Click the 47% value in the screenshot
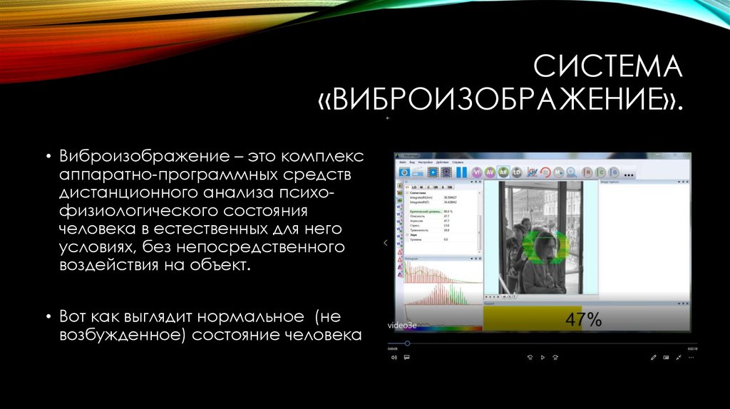click(x=583, y=319)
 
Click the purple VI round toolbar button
click(x=476, y=172)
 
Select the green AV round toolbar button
click(x=490, y=172)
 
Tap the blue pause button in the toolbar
click(x=461, y=172)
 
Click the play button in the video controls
click(x=543, y=357)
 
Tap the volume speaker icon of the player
click(x=394, y=357)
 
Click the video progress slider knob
click(x=407, y=343)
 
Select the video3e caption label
click(x=401, y=326)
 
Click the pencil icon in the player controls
click(x=653, y=357)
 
